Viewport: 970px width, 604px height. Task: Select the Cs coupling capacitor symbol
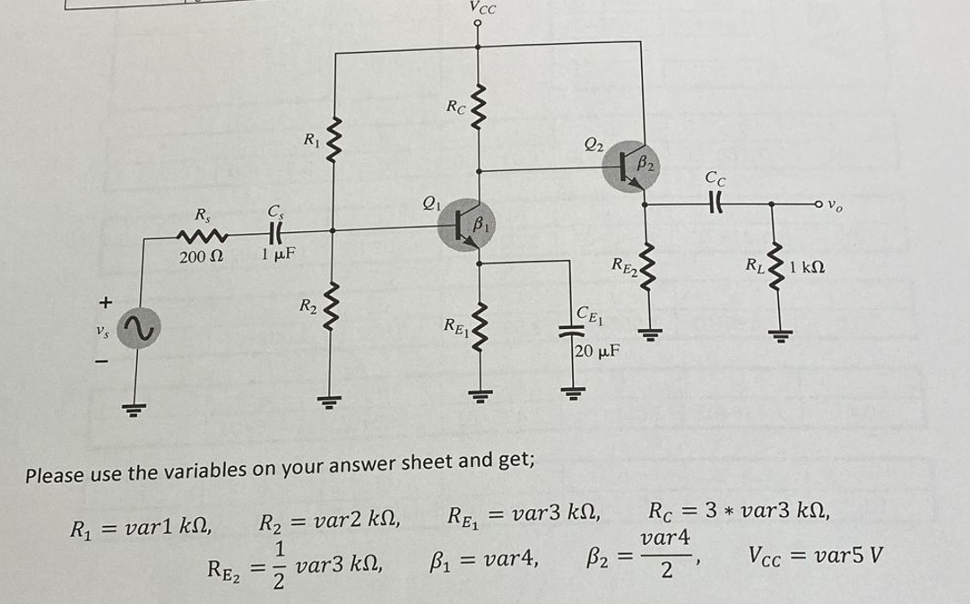(273, 231)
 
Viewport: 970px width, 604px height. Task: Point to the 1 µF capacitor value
(273, 255)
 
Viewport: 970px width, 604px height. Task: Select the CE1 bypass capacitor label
(593, 314)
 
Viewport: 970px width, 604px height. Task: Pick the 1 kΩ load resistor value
(805, 266)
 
